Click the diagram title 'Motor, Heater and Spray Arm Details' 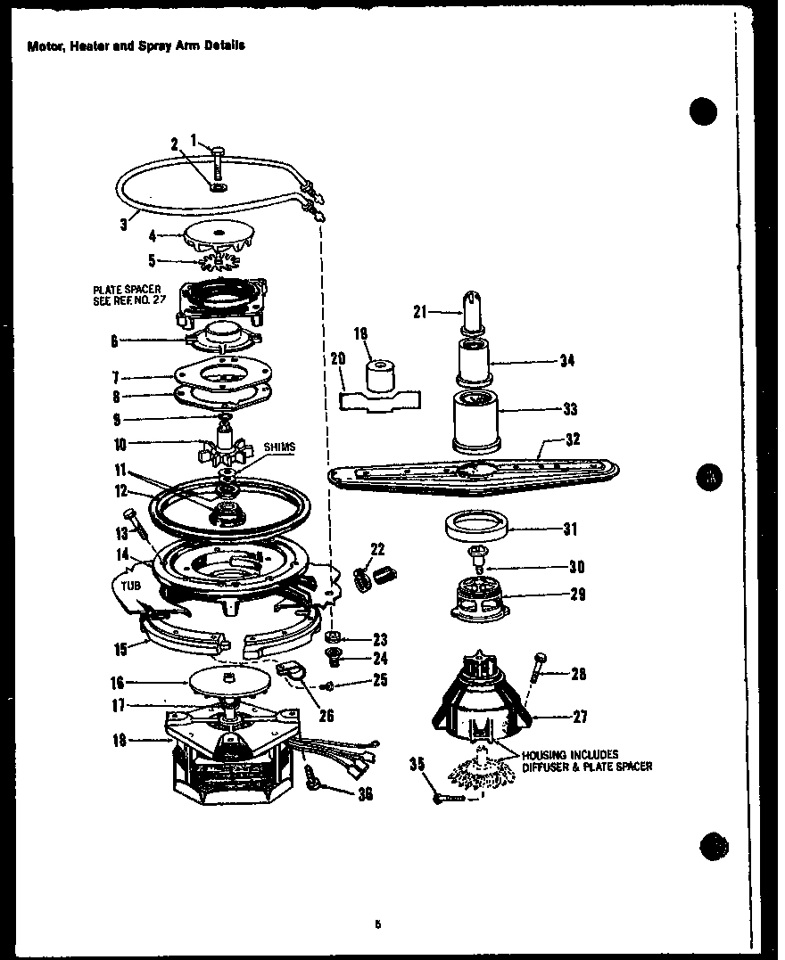coord(136,45)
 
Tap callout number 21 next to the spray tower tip coord(420,311)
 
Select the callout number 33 coord(570,409)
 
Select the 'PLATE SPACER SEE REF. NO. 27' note coord(127,294)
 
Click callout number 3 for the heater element coord(124,225)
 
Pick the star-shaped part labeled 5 coord(218,262)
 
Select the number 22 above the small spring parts coord(377,548)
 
